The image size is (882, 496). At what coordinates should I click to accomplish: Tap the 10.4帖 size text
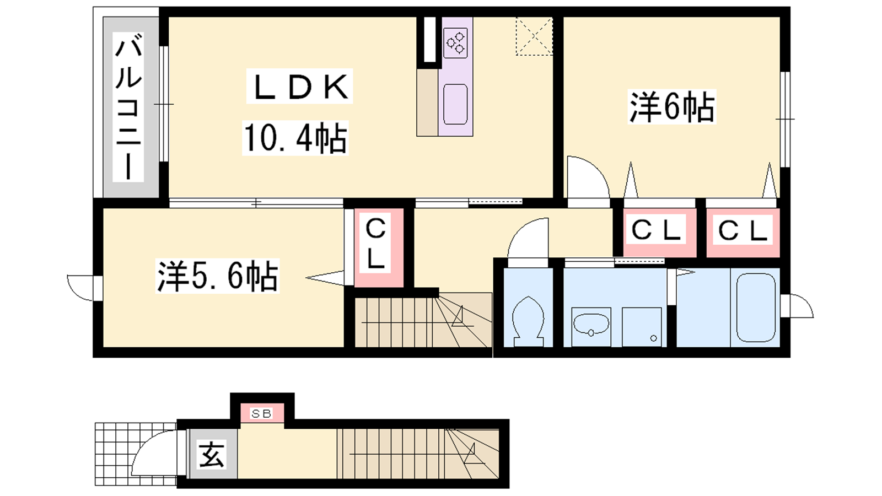point(295,138)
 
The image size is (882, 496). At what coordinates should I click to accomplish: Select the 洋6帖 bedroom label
point(672,107)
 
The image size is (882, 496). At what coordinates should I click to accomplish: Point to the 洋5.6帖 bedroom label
point(217,276)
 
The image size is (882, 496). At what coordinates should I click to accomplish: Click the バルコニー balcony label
point(128,106)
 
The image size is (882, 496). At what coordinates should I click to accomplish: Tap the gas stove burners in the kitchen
point(455,42)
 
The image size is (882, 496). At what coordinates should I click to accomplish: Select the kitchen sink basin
point(455,104)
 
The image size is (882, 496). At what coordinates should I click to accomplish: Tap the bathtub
point(756,307)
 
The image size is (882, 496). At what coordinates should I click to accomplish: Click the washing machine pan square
point(642,327)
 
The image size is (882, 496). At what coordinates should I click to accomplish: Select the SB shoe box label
point(262,414)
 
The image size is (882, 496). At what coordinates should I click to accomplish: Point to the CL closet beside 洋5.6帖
point(375,244)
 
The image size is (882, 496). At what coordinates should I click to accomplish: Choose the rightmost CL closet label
point(743,231)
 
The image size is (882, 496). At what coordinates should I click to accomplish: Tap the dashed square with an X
point(534,36)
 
